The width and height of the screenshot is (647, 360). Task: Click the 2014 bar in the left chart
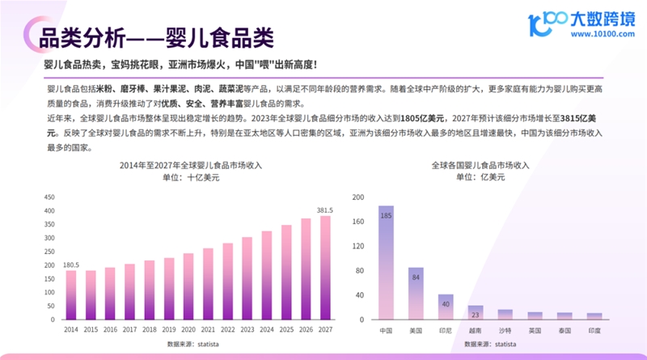(x=71, y=294)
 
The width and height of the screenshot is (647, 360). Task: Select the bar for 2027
(x=325, y=267)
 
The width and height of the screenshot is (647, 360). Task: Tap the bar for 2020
(x=188, y=286)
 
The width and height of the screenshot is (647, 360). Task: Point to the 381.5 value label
(x=325, y=210)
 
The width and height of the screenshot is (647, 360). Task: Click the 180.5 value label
(x=71, y=265)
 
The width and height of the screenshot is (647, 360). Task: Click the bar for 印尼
(x=446, y=307)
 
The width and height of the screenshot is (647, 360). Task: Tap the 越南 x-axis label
(x=476, y=331)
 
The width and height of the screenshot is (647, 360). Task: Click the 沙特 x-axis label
(x=505, y=331)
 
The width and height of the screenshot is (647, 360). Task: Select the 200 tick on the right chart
(x=359, y=197)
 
